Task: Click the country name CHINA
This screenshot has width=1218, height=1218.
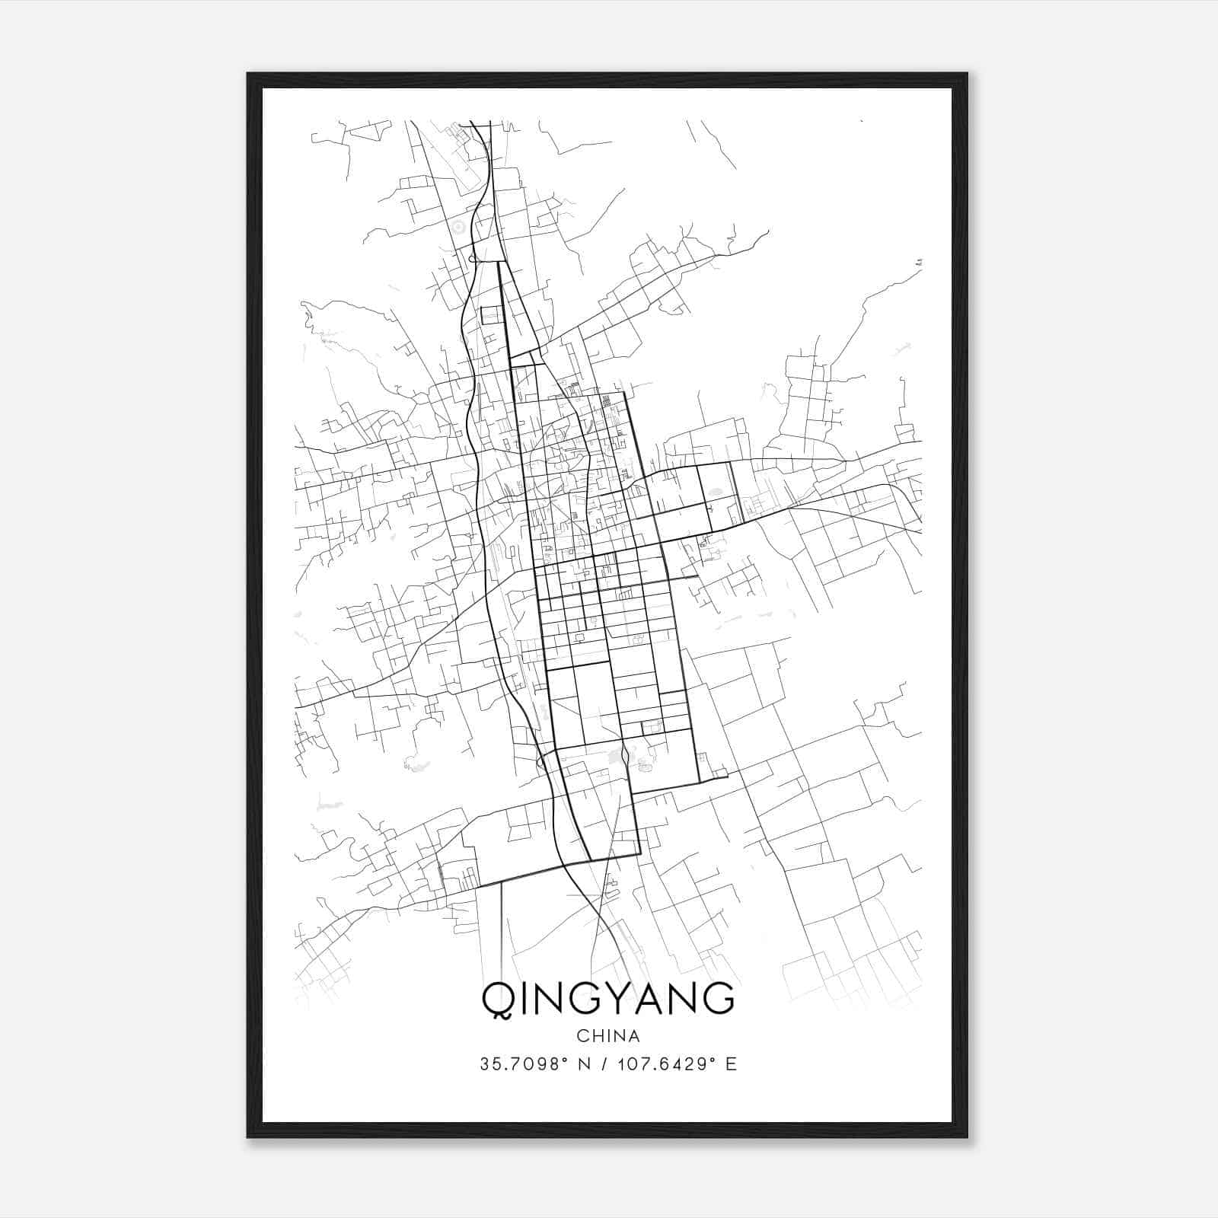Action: pyautogui.click(x=608, y=1036)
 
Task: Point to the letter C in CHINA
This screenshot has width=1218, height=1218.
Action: pyautogui.click(x=582, y=1036)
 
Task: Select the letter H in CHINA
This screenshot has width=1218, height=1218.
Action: pyautogui.click(x=598, y=1036)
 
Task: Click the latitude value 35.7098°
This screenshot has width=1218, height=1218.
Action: pyautogui.click(x=524, y=1064)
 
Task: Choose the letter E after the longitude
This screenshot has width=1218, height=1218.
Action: pyautogui.click(x=732, y=1064)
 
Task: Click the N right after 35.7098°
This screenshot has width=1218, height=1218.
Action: pyautogui.click(x=585, y=1064)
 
